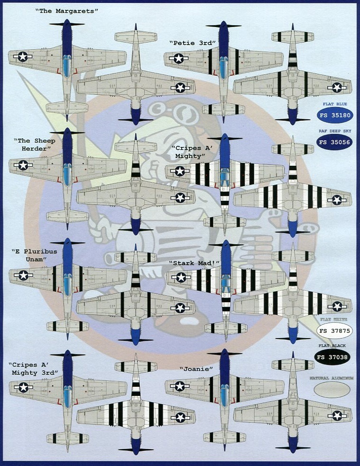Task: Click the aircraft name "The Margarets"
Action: [x=66, y=10]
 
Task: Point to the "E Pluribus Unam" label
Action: [x=34, y=255]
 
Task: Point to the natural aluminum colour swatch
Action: [x=332, y=389]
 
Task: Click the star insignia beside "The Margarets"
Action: [x=22, y=57]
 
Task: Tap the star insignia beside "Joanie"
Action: [x=179, y=386]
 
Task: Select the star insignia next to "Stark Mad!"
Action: [x=181, y=278]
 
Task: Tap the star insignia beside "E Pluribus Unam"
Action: [x=23, y=275]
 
